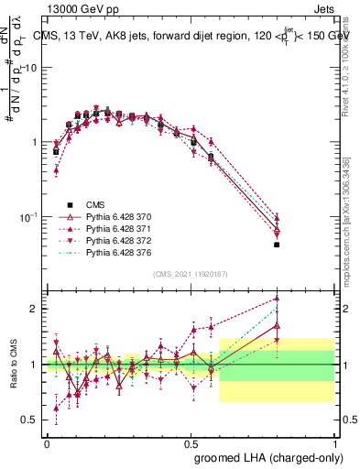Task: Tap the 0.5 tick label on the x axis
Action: coord(191,442)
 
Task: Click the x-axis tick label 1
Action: coord(334,442)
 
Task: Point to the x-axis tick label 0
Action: coord(48,442)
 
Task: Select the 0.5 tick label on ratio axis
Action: coord(29,420)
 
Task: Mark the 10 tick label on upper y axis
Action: coord(29,69)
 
